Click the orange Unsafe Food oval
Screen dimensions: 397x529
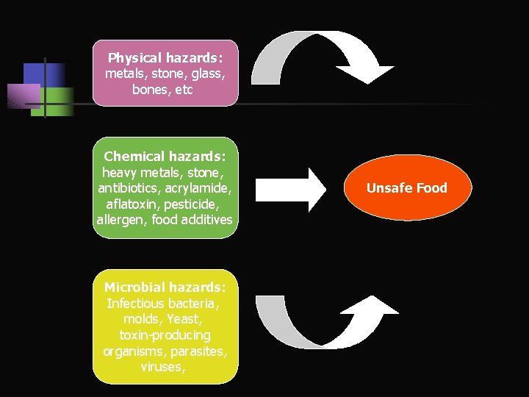coord(406,188)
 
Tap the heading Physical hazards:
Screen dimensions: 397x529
coord(165,57)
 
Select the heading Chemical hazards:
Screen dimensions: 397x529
coord(165,157)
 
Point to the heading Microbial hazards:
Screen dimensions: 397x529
coord(165,287)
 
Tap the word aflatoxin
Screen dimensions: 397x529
coord(129,204)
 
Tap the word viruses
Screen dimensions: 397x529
coord(163,367)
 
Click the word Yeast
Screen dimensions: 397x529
coord(184,319)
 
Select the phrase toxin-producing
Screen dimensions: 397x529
coord(165,335)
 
